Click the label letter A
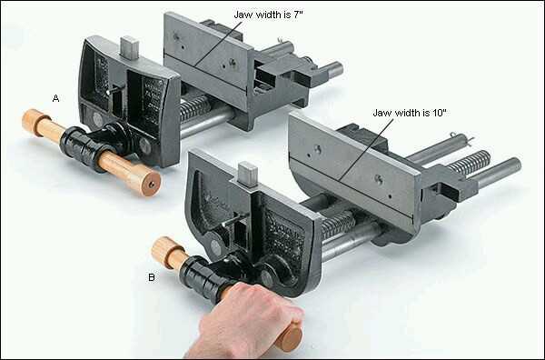(55, 98)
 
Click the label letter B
(152, 277)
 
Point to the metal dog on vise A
(130, 46)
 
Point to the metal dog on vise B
(248, 174)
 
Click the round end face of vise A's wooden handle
(152, 185)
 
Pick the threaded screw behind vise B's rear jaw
(470, 163)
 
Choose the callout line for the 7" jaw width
(218, 43)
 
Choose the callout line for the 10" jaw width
(367, 149)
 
